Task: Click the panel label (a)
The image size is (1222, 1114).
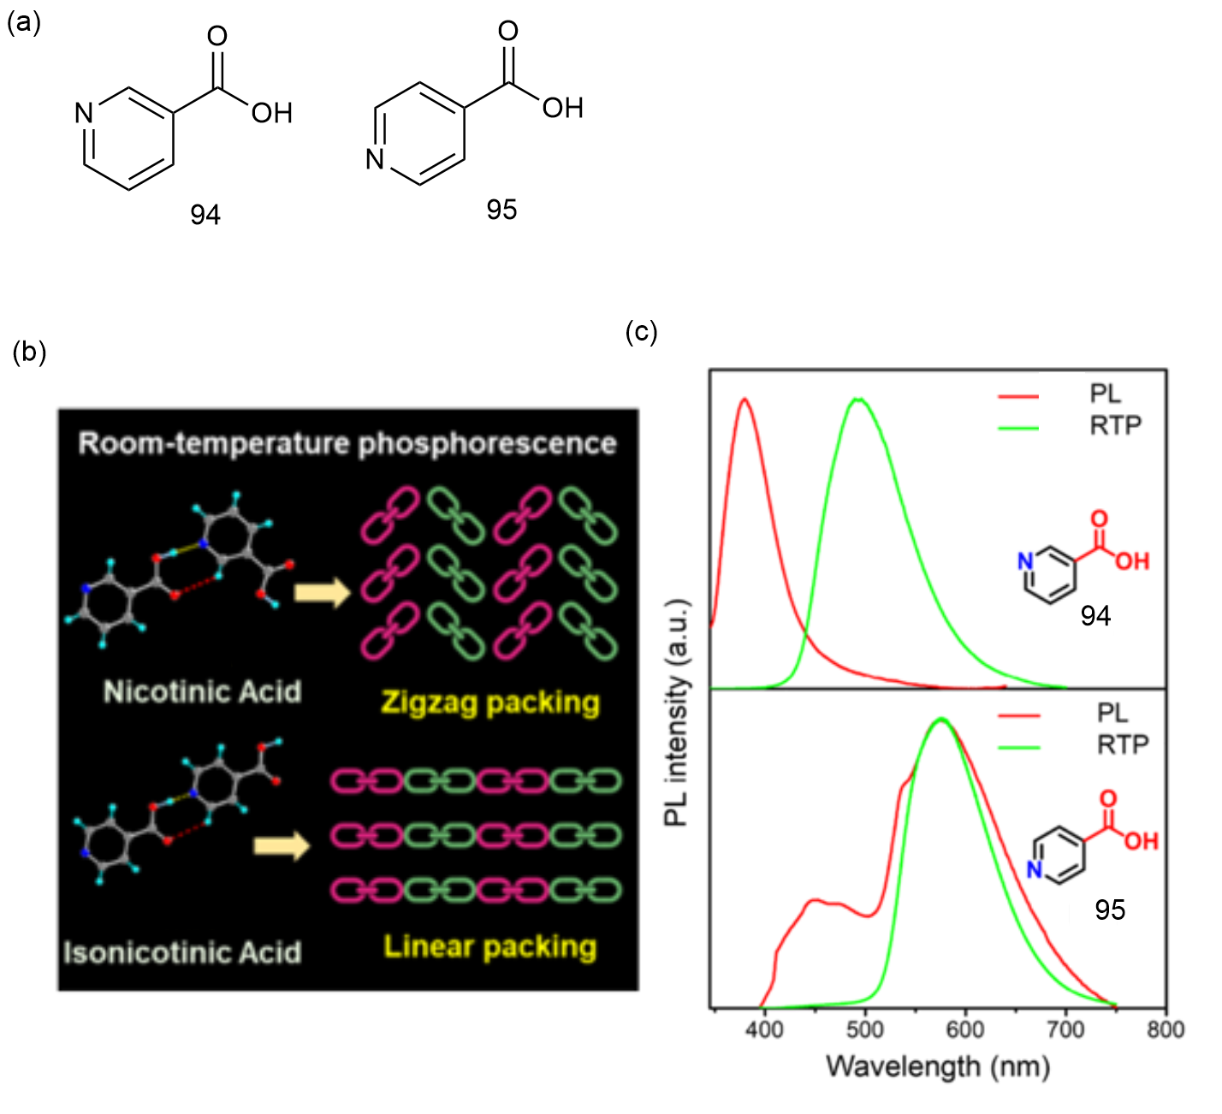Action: [x=24, y=23]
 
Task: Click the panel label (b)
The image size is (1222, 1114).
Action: [x=29, y=352]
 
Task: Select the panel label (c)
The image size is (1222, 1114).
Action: [x=642, y=332]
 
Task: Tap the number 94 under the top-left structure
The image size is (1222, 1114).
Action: [x=205, y=215]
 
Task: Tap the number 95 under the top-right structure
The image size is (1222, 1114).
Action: [x=501, y=210]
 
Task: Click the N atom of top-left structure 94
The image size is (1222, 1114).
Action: [x=84, y=113]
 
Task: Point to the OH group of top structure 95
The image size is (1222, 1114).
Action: [x=563, y=108]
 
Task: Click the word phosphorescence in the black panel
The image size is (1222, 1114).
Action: [x=487, y=444]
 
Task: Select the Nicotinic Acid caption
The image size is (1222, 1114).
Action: [x=202, y=692]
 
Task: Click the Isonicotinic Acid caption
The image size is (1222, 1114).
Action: [x=182, y=953]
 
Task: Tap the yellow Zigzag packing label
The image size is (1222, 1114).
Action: [x=490, y=703]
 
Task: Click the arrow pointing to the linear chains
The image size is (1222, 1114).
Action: [x=282, y=846]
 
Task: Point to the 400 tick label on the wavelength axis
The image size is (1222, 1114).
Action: [x=764, y=1029]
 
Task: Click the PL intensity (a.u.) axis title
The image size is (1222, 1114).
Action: [x=678, y=713]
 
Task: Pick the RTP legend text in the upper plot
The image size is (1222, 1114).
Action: [x=1115, y=425]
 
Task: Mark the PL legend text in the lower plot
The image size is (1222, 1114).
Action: [x=1112, y=713]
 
